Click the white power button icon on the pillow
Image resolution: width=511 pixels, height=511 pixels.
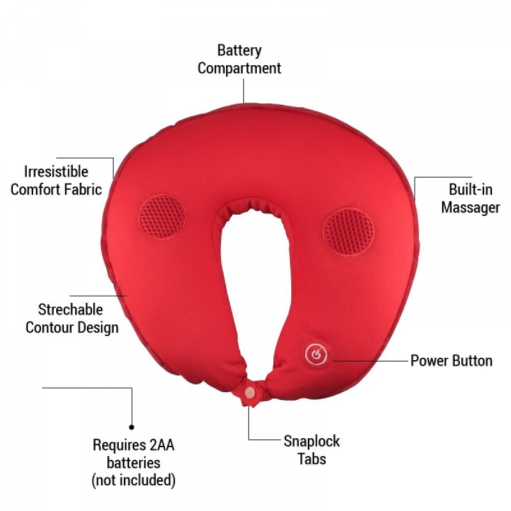tap(316, 355)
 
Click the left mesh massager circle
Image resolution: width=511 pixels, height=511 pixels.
tap(162, 217)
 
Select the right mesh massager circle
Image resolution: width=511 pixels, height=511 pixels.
tap(348, 233)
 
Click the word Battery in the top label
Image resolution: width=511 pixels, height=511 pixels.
tap(240, 51)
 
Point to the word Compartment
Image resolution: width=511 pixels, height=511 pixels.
tap(239, 68)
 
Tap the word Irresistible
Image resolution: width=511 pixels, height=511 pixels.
tap(56, 172)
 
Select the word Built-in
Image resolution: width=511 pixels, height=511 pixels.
tap(471, 190)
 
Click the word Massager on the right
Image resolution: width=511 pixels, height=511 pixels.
tap(471, 208)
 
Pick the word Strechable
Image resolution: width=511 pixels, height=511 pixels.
tap(70, 310)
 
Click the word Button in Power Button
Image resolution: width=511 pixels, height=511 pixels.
tap(472, 361)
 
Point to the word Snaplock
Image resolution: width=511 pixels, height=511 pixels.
tap(312, 441)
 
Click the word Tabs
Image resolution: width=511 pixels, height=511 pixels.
tap(312, 459)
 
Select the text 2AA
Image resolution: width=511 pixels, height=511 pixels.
tap(162, 445)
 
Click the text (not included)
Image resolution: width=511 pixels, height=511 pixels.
tap(133, 480)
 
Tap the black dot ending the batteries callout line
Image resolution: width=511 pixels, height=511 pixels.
tap(132, 427)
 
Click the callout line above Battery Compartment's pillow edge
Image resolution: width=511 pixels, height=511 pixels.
tap(243, 91)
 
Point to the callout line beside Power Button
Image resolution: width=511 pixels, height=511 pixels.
tap(370, 361)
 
